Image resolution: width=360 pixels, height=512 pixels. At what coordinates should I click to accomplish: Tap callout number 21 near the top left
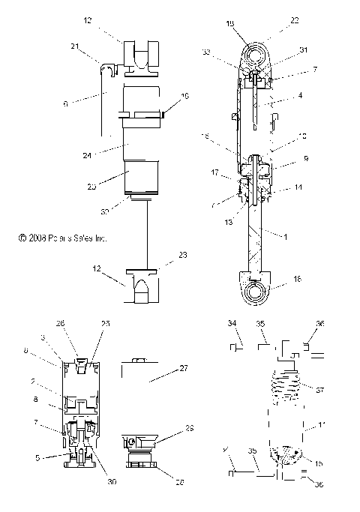(96, 46)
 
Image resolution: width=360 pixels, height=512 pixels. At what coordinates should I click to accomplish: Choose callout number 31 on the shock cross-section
(283, 50)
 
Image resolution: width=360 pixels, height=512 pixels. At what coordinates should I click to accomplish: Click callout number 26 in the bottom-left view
(62, 323)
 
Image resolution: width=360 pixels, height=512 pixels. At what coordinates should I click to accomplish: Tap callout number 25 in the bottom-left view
(106, 323)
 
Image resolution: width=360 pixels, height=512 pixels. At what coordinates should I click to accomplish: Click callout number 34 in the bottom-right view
(232, 323)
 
